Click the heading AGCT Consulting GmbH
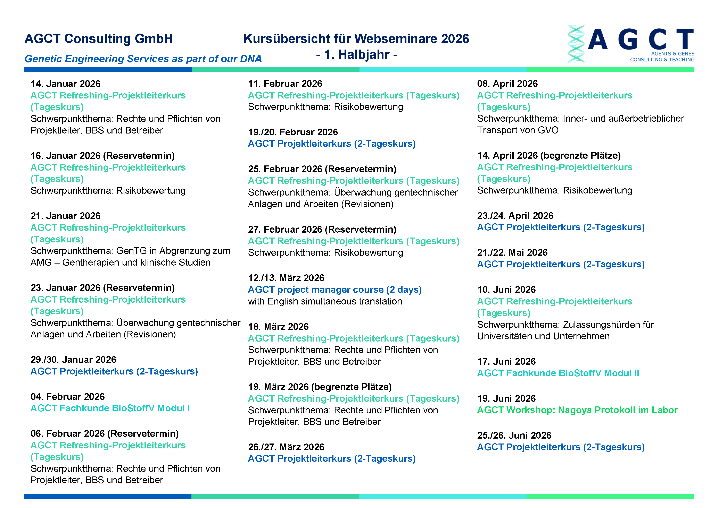click(99, 39)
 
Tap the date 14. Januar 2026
click(65, 84)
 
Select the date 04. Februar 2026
click(68, 397)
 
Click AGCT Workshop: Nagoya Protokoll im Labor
click(577, 410)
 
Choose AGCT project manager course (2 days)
click(335, 290)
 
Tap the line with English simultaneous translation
click(325, 301)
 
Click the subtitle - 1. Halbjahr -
click(356, 55)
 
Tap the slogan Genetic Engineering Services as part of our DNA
click(143, 59)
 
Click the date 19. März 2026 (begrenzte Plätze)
click(320, 387)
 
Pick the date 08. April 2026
click(507, 84)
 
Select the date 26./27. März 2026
click(286, 447)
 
